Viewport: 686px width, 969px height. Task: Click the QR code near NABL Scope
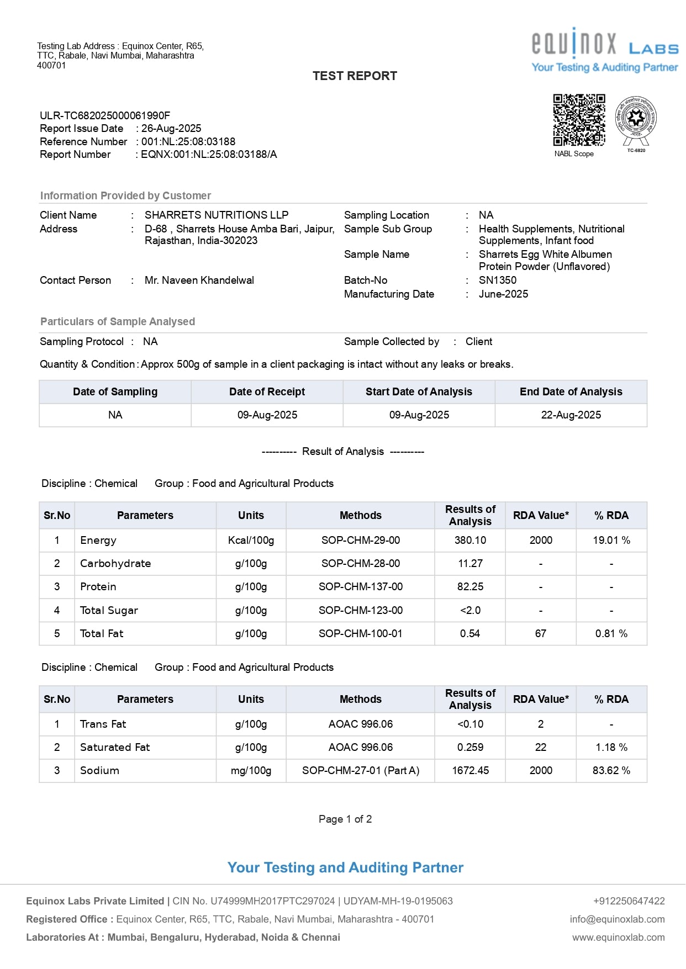[x=579, y=120]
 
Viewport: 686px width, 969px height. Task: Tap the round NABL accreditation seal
[x=636, y=118]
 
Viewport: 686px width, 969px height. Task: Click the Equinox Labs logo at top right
[x=604, y=50]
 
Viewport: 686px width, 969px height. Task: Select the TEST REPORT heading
[x=355, y=76]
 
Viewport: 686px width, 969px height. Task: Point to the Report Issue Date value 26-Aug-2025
[x=171, y=129]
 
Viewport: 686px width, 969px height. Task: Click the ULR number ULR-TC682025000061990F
[x=105, y=115]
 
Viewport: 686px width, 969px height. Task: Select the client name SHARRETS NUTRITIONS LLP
[x=217, y=215]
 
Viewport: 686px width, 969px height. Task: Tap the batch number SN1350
[x=498, y=280]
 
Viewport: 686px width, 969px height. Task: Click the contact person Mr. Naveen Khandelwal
[x=199, y=280]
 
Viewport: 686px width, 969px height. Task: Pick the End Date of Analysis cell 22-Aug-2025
[x=571, y=415]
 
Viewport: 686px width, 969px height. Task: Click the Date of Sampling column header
[x=115, y=392]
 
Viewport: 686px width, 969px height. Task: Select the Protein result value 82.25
[x=470, y=587]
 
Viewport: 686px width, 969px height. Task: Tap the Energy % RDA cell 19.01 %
[x=611, y=541]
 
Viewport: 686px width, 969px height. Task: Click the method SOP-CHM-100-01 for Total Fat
[x=360, y=634]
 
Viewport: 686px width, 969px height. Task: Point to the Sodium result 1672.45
[x=470, y=771]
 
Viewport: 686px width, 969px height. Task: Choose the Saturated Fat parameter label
[x=115, y=748]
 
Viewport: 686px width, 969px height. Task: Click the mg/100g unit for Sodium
[x=251, y=771]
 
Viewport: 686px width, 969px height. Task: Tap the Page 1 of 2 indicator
[x=345, y=819]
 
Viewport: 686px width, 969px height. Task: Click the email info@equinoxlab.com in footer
[x=617, y=919]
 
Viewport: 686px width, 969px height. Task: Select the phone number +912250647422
[x=629, y=901]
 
